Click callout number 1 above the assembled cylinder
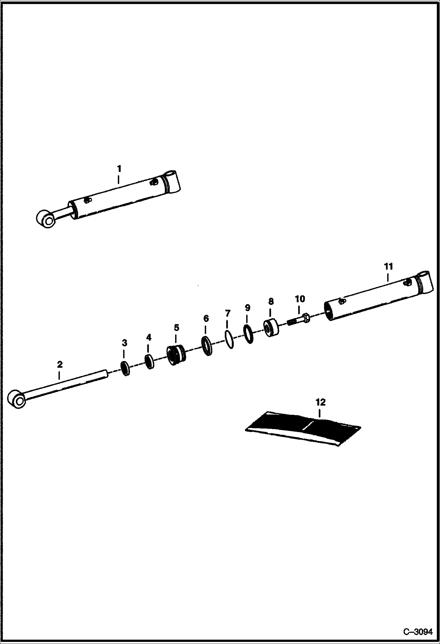(119, 169)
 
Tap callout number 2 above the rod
(60, 365)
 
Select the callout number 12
(320, 402)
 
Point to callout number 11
(388, 267)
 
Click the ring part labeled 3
(125, 368)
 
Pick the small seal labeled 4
(150, 362)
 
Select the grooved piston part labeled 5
(176, 355)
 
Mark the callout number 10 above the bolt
(300, 299)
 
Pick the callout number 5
(176, 327)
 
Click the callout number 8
(271, 301)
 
